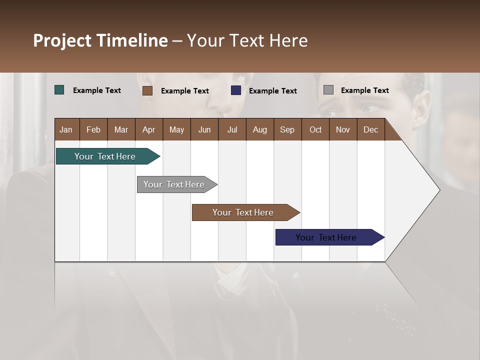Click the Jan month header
pos(66,129)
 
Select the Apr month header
pos(148,129)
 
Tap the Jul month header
pos(232,129)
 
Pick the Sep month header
pos(287,129)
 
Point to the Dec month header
pos(370,129)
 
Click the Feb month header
pos(93,129)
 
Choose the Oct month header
pos(315,129)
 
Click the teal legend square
pos(59,90)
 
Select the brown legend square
pos(147,90)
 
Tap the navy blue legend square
pos(236,90)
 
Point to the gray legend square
pos(328,90)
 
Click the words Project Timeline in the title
pos(100,40)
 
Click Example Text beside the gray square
pos(364,90)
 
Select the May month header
pos(176,129)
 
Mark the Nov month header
pos(342,129)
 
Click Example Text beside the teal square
pos(97,90)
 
